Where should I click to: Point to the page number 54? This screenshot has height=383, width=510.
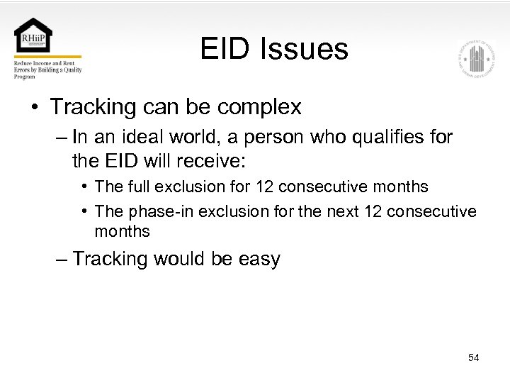point(473,357)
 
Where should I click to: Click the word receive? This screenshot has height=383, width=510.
point(210,161)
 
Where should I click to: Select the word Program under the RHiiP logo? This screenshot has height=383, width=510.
point(25,77)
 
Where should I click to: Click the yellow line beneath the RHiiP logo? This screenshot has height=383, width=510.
point(47,57)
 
